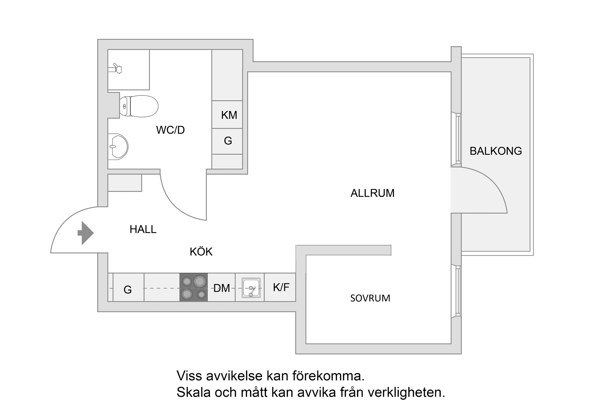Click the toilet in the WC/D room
coord(139,106)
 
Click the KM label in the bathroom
coord(229,115)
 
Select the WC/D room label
coord(170,130)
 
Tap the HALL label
coord(143,229)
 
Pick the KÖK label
coord(201,252)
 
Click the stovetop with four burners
coord(194,287)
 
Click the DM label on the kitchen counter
coord(222,288)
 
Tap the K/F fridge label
coord(281,287)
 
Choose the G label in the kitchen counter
coord(127,290)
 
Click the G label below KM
coord(228,141)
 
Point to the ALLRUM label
coord(372,193)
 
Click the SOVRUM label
coord(370,298)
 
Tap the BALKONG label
coord(496,151)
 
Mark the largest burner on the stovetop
coord(200,281)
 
